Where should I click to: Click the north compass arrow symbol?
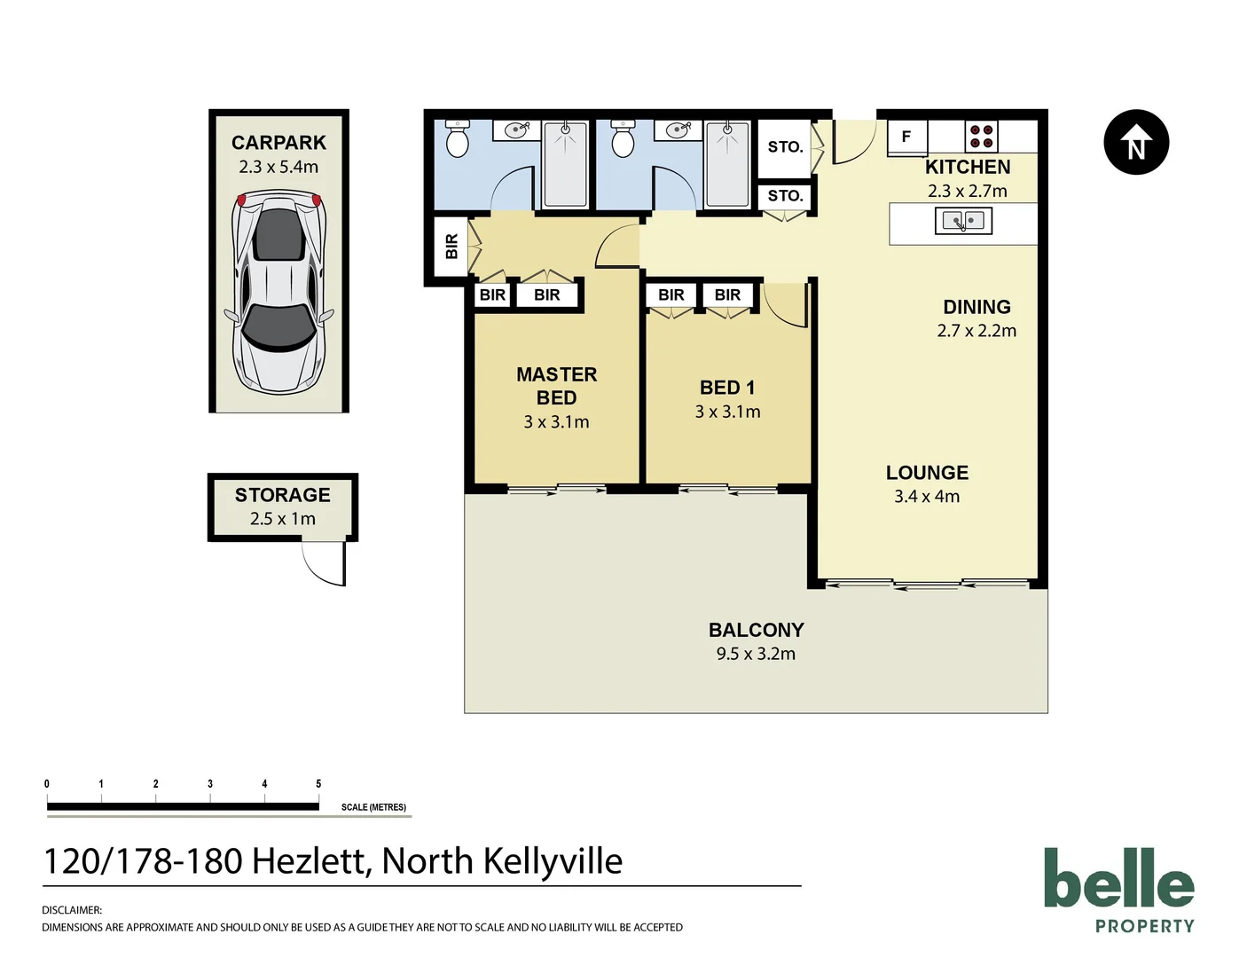click(1136, 142)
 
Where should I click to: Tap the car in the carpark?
click(279, 293)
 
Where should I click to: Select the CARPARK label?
click(278, 143)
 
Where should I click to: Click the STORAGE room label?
click(282, 495)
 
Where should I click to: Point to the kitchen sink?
click(963, 221)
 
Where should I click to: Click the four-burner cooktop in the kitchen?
click(981, 137)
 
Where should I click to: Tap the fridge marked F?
click(906, 137)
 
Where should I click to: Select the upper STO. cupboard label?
click(785, 147)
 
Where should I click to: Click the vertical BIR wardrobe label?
click(451, 246)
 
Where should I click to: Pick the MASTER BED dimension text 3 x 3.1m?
click(556, 422)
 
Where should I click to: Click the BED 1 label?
click(727, 388)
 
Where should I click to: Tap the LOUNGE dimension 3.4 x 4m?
click(927, 497)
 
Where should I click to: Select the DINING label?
click(977, 307)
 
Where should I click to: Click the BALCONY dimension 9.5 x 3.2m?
click(756, 654)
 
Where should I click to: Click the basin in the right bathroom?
click(678, 130)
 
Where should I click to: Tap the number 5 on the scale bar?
click(318, 784)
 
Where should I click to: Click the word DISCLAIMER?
click(72, 910)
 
